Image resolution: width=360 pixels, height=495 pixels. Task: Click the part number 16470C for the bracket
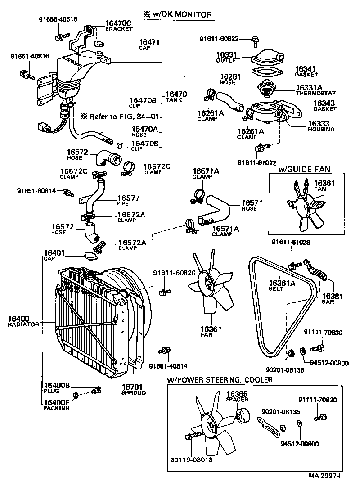pos(119,23)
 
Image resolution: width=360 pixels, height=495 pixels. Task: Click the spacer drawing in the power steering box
pos(243,414)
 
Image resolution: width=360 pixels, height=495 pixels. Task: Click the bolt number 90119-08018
pos(191,459)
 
